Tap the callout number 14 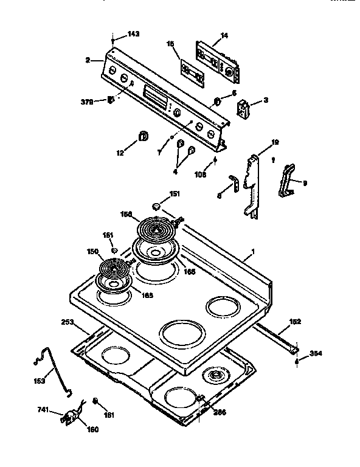(224, 36)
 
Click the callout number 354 (316, 353)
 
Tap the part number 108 (201, 175)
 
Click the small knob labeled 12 (143, 135)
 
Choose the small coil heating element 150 (112, 269)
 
